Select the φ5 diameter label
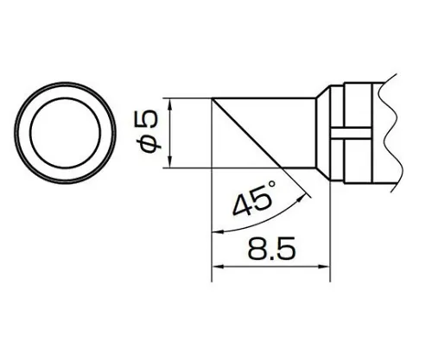tap(149, 133)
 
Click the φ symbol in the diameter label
tap(149, 144)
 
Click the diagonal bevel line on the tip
tap(250, 134)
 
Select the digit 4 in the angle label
tap(244, 207)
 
